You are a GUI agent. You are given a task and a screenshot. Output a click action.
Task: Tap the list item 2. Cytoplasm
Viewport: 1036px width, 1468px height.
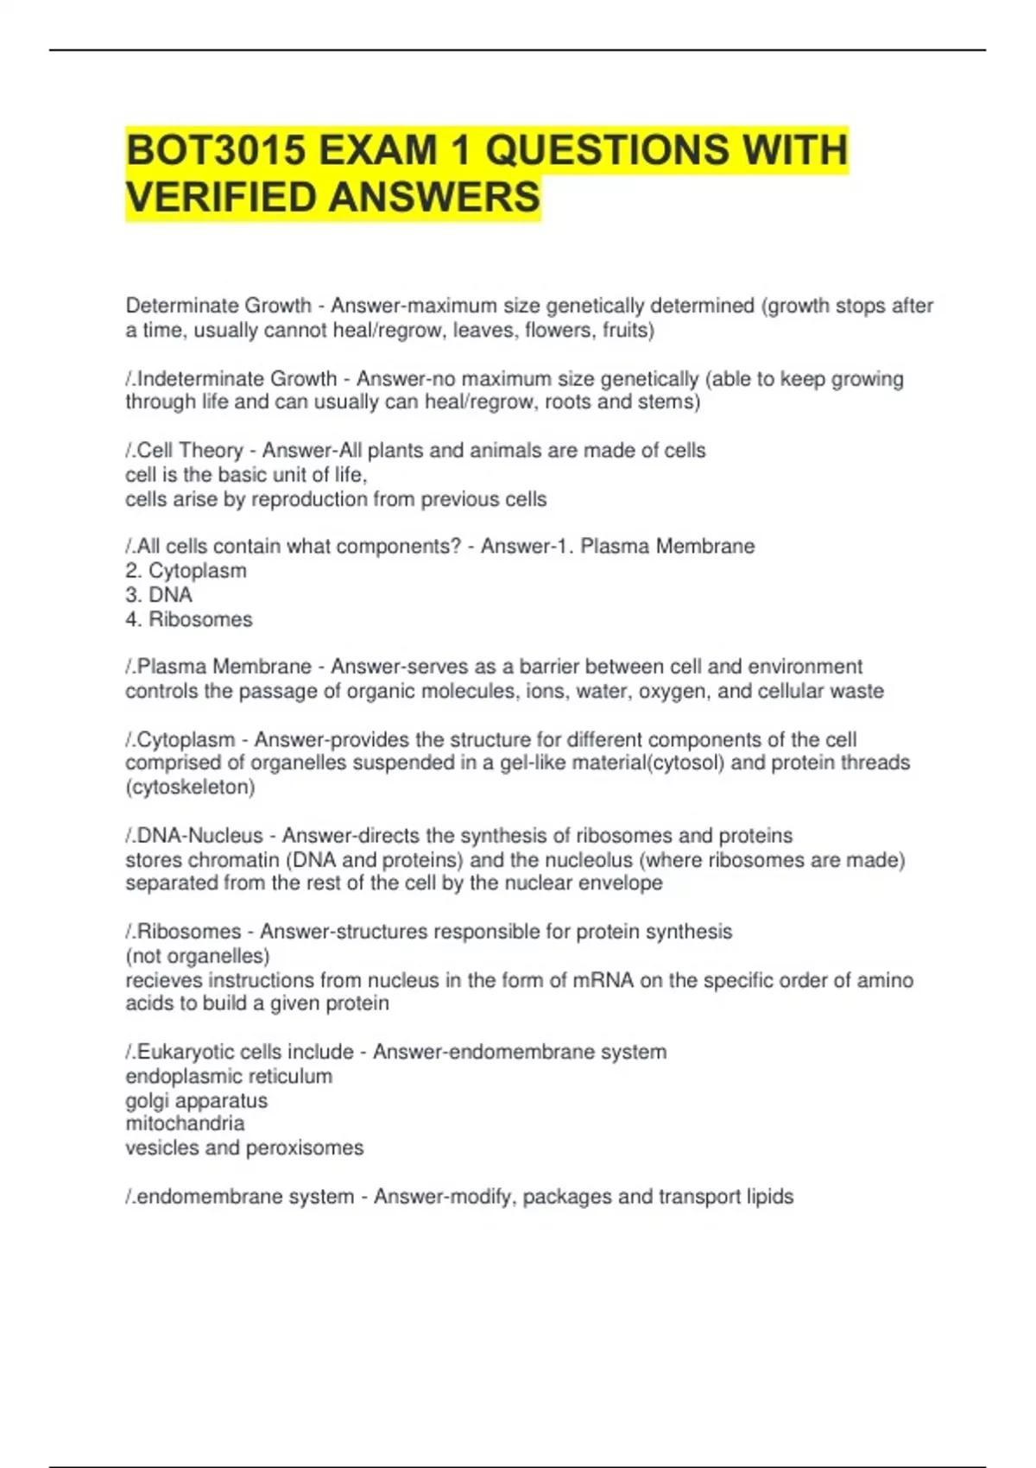coord(186,571)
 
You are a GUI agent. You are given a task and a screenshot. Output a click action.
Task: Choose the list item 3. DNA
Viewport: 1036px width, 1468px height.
coord(159,595)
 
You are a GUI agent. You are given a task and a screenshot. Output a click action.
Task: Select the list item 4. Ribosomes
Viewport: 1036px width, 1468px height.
coord(189,619)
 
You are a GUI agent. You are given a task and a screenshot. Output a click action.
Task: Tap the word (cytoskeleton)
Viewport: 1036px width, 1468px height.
coord(190,788)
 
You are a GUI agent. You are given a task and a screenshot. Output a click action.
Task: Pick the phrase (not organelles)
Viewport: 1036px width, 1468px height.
coord(198,956)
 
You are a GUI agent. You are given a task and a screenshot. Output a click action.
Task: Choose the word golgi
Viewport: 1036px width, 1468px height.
coord(146,1101)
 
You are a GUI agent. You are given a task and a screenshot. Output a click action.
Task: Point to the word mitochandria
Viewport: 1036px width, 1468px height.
coord(185,1123)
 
